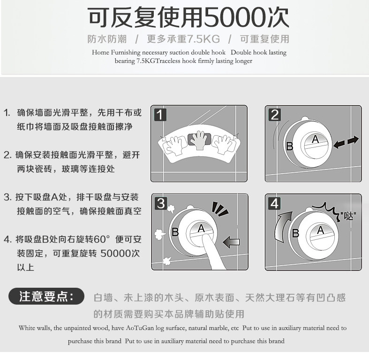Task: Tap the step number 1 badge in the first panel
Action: tap(160, 115)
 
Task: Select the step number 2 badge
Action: tap(275, 115)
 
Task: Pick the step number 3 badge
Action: tap(161, 203)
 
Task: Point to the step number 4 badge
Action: tap(275, 203)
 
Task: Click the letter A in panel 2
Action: tap(315, 139)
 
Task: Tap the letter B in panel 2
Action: tap(290, 146)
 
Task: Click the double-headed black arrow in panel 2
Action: tap(346, 142)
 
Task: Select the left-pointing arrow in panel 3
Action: tap(231, 242)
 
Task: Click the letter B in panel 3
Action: tap(175, 232)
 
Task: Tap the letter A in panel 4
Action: tap(320, 230)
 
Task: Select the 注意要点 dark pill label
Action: tap(46, 296)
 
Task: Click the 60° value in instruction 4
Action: tap(101, 239)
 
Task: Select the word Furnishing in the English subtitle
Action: tap(126, 53)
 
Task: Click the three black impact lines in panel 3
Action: tap(219, 208)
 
